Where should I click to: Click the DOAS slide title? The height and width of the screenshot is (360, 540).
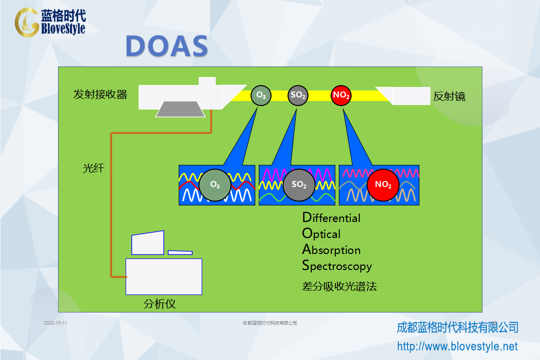pyautogui.click(x=167, y=46)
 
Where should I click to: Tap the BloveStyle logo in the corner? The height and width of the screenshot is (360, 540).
pyautogui.click(x=50, y=22)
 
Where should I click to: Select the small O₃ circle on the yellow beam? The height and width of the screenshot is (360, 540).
pyautogui.click(x=261, y=95)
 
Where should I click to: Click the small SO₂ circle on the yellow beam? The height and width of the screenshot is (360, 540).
pyautogui.click(x=298, y=95)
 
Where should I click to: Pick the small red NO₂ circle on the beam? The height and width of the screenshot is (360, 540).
pyautogui.click(x=341, y=95)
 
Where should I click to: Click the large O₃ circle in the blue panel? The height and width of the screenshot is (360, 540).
pyautogui.click(x=215, y=185)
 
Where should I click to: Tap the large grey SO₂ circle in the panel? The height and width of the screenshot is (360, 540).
pyautogui.click(x=299, y=185)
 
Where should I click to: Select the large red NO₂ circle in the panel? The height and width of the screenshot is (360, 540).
pyautogui.click(x=383, y=185)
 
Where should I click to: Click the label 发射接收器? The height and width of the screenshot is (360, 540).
pyautogui.click(x=100, y=94)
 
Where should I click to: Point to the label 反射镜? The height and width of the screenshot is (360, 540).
pyautogui.click(x=449, y=96)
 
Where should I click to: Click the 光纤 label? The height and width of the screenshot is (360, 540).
pyautogui.click(x=93, y=168)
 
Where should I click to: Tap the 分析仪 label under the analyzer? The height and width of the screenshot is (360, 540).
pyautogui.click(x=160, y=304)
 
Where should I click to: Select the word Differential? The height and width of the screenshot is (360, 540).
pyautogui.click(x=331, y=217)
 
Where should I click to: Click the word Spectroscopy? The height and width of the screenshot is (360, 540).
pyautogui.click(x=337, y=266)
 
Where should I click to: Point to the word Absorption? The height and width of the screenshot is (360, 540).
pyautogui.click(x=331, y=250)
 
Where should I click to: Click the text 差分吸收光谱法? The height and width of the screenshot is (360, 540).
pyautogui.click(x=339, y=286)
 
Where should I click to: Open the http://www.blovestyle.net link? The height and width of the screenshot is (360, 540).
pyautogui.click(x=457, y=346)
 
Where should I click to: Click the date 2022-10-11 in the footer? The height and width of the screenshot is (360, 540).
pyautogui.click(x=56, y=323)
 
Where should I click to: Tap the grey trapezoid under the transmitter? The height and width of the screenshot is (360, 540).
pyautogui.click(x=181, y=109)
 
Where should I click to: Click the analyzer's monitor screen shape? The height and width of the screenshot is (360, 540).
pyautogui.click(x=148, y=242)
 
